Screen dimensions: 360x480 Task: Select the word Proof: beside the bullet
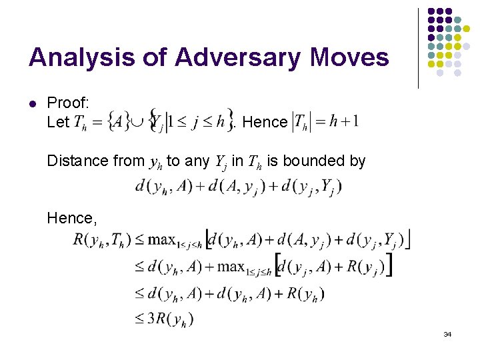68,103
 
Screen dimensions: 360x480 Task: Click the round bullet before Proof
32,103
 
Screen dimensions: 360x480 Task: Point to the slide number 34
447,333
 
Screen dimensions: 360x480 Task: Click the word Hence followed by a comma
69,218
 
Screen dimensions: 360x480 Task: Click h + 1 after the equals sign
345,121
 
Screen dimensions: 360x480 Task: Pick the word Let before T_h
58,122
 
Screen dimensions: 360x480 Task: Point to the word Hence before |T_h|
265,122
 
